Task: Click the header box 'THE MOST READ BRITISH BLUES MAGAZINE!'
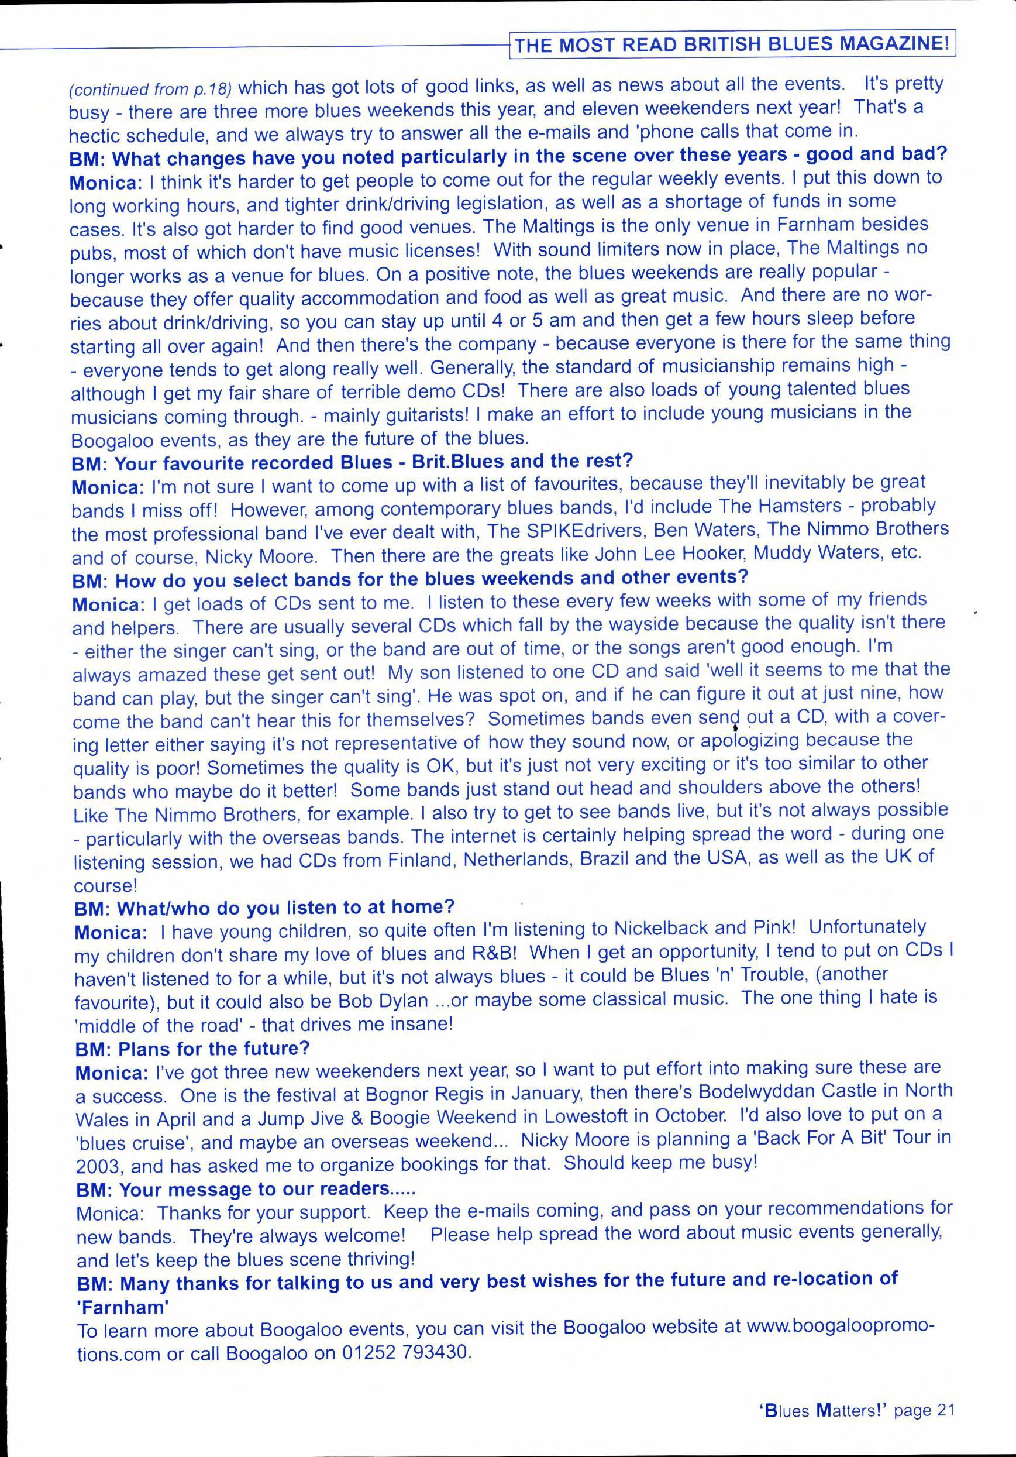(732, 45)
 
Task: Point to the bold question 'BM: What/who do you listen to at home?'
(265, 907)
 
